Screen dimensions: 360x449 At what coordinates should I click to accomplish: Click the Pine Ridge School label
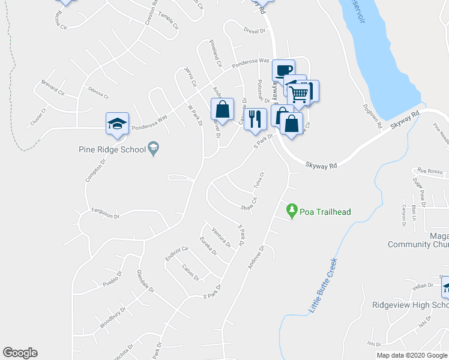coord(112,149)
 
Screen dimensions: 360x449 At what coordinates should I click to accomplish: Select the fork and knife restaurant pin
coord(255,118)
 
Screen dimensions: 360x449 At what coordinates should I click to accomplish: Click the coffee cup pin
coord(283,70)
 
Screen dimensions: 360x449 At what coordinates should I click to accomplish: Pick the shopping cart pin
coord(299,92)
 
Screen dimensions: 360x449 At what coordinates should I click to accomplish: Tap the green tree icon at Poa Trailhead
coord(292,211)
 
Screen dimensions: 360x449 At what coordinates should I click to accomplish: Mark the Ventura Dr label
coord(221,237)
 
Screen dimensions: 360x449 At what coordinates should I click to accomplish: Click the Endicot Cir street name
coord(176,253)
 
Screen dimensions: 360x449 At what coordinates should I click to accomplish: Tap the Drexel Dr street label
coord(255,29)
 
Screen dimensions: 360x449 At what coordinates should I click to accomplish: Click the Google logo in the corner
coord(20,353)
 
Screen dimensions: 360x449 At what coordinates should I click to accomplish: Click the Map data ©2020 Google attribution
coord(411,355)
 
